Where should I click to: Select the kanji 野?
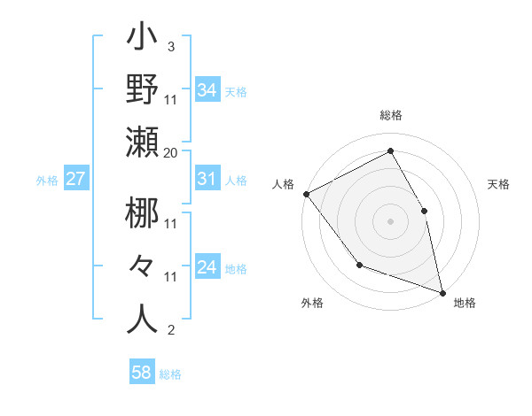pos(143,90)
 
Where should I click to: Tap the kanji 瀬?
pos(143,143)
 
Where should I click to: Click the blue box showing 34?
pos(207,90)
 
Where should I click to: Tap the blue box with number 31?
pos(207,179)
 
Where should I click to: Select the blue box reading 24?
pos(207,267)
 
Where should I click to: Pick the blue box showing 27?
pos(75,179)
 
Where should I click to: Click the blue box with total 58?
pos(142,373)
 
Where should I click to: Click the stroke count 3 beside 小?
pos(170,47)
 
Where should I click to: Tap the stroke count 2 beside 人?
pos(170,331)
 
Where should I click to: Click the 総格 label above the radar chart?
pos(391,116)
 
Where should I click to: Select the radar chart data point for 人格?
pos(306,194)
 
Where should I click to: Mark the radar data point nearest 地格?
pos(442,291)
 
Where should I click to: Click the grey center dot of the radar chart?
pos(390,220)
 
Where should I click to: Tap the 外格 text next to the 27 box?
pos(47,180)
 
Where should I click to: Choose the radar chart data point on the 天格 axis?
pos(424,211)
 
